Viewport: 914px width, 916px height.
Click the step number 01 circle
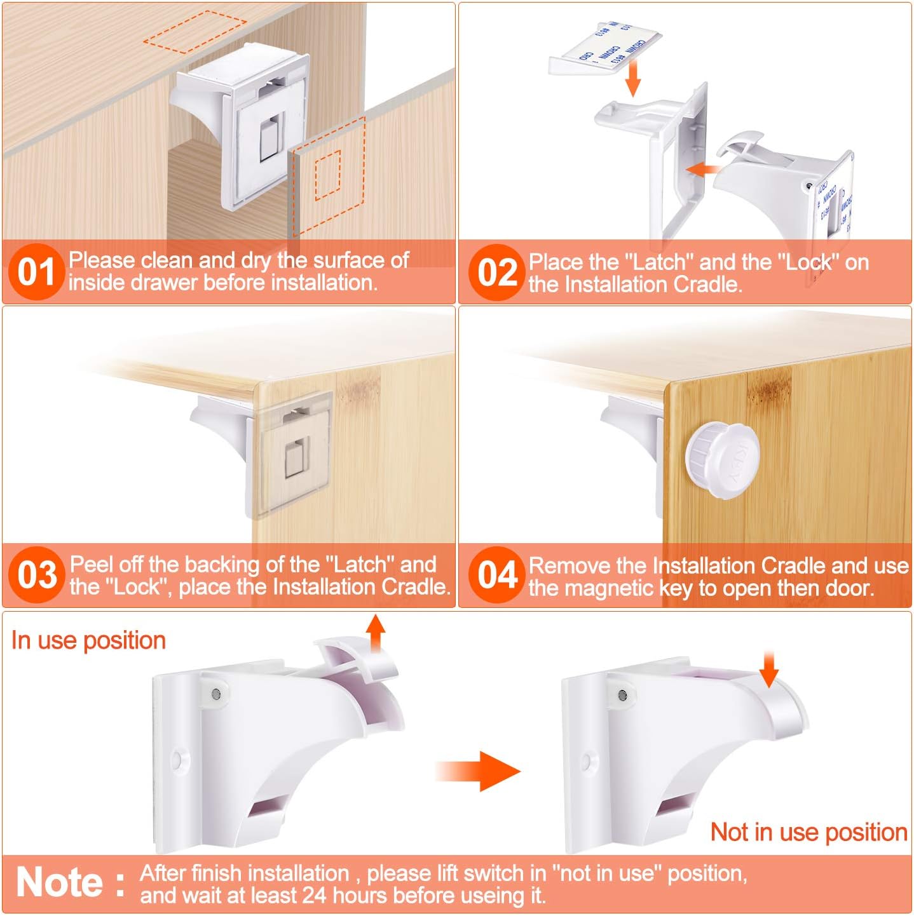pos(36,273)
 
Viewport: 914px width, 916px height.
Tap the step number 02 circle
pos(497,273)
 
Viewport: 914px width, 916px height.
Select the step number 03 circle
pos(36,575)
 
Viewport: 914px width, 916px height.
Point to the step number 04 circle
pos(497,575)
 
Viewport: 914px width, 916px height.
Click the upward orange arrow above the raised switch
pos(376,633)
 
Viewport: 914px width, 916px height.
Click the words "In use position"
pos(88,640)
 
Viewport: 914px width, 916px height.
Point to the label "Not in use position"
pos(808,832)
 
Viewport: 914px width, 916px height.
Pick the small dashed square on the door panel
pos(328,174)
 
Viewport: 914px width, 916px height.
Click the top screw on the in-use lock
pos(216,694)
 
